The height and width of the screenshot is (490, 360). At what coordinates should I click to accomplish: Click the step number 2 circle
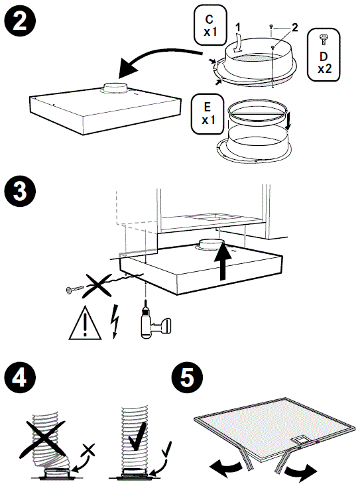tap(20, 21)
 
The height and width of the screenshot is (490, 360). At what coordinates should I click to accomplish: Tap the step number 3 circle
tap(20, 191)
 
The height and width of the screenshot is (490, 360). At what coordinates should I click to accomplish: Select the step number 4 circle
tap(20, 377)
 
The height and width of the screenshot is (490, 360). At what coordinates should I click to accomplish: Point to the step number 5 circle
tap(187, 377)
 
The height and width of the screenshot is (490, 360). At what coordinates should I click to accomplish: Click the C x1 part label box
tap(210, 25)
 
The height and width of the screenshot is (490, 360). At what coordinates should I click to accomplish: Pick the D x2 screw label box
tap(324, 54)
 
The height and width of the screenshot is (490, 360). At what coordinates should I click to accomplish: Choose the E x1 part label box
tap(208, 114)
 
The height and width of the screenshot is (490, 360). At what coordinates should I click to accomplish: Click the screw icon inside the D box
tap(323, 40)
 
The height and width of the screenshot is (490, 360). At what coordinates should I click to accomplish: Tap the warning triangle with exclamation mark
tap(85, 324)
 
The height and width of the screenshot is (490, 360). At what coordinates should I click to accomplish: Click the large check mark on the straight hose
tap(137, 436)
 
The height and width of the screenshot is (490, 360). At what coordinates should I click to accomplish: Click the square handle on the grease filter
tap(300, 440)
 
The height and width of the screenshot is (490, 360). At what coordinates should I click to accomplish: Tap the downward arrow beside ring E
tap(288, 122)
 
